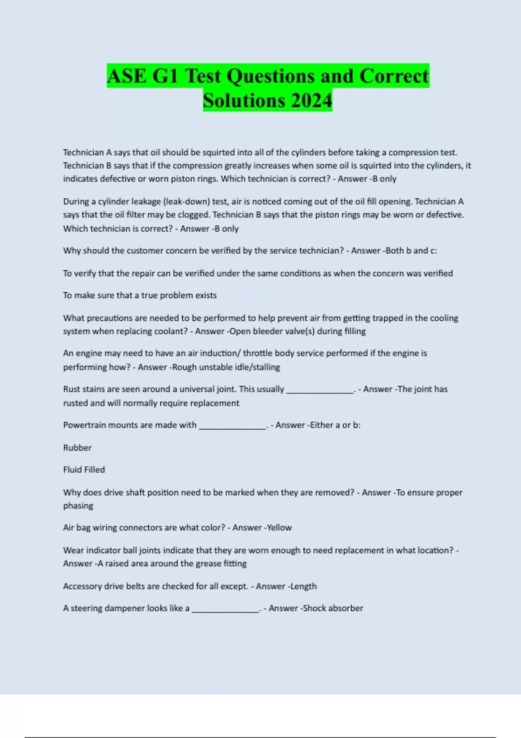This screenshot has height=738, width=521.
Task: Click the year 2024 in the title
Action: pyautogui.click(x=311, y=100)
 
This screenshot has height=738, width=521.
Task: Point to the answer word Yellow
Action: pyautogui.click(x=279, y=527)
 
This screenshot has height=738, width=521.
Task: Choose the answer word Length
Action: pyautogui.click(x=303, y=586)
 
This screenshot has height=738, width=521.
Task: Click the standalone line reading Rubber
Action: pyautogui.click(x=77, y=448)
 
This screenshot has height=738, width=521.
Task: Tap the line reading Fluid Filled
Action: pyautogui.click(x=84, y=470)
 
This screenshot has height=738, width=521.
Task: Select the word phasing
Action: pyautogui.click(x=78, y=506)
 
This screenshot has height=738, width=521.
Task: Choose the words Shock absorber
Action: pyautogui.click(x=333, y=608)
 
